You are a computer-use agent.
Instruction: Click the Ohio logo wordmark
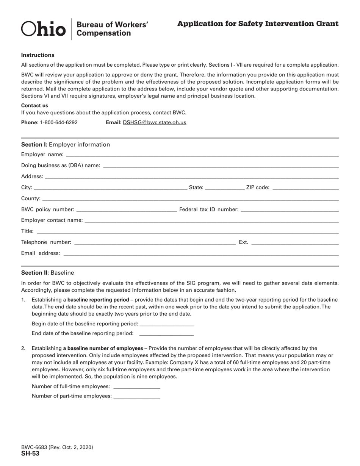(43, 29)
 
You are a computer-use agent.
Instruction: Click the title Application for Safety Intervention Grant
(258, 24)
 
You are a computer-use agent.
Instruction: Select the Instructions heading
(38, 55)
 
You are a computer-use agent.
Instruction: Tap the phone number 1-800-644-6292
(59, 122)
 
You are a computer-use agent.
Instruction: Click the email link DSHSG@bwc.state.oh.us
(154, 122)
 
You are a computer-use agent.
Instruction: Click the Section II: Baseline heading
(48, 273)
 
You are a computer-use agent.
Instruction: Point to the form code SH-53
(30, 453)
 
